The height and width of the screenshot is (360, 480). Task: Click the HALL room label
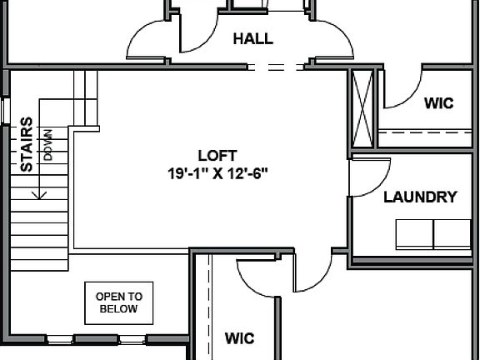coord(252,38)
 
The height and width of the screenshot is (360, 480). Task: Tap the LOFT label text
coord(217,155)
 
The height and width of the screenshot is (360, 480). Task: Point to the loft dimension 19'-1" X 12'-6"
coord(217,173)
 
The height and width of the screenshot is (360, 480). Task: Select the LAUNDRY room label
coord(420,197)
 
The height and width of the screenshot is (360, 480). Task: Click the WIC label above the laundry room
coord(438,103)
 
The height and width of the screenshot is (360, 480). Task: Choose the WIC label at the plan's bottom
coord(239,338)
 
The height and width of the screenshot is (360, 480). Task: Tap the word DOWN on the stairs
coord(48,143)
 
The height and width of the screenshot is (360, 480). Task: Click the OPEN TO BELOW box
coord(119,302)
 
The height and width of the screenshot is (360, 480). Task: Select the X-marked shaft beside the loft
coord(363,108)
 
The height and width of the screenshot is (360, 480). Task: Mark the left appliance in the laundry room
coord(413,234)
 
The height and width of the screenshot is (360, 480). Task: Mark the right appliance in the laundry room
coord(452,234)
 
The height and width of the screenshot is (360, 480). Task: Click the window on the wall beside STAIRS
coord(4,110)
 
